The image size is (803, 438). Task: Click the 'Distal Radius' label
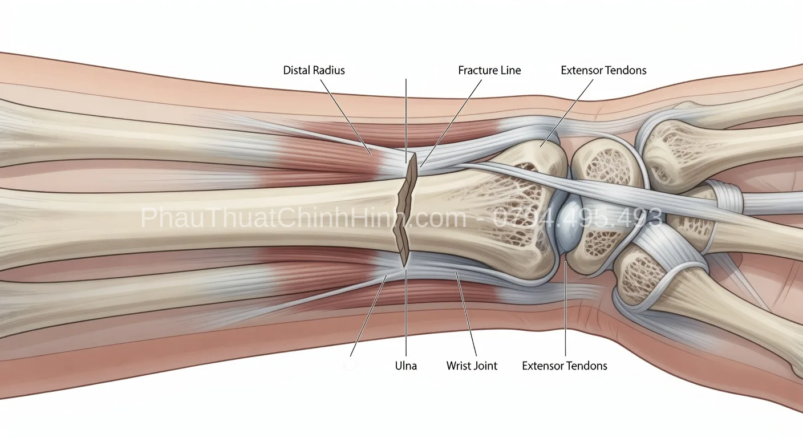point(314,70)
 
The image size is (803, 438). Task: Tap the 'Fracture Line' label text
point(489,70)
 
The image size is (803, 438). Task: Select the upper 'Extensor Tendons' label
point(604,70)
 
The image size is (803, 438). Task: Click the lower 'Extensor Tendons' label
point(565,366)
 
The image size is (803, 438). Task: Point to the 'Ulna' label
point(406,366)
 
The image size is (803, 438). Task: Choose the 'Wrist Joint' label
point(472,366)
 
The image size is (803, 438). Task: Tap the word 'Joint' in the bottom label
point(485,366)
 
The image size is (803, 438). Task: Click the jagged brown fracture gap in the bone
point(405,210)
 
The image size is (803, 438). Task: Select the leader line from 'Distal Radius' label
point(345,117)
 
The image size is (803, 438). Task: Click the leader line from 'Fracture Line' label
point(451,123)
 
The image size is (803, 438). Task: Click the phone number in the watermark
point(577,217)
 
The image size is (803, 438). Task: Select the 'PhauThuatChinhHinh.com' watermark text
point(303,217)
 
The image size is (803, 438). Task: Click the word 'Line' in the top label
point(509,70)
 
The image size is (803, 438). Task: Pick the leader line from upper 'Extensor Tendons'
point(567,113)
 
